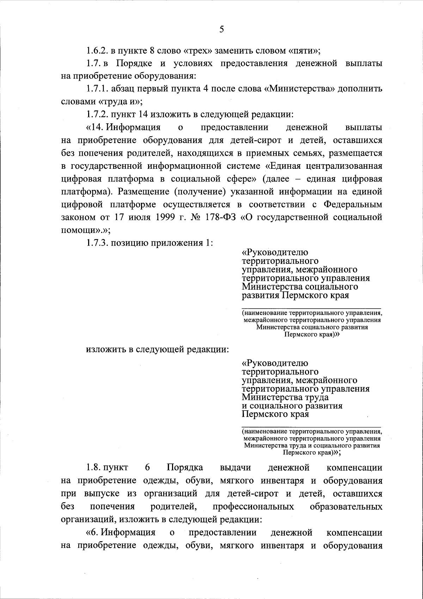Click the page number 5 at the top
(x=221, y=29)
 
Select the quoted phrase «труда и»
(x=119, y=102)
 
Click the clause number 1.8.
(x=93, y=468)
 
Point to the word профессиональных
(x=253, y=507)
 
